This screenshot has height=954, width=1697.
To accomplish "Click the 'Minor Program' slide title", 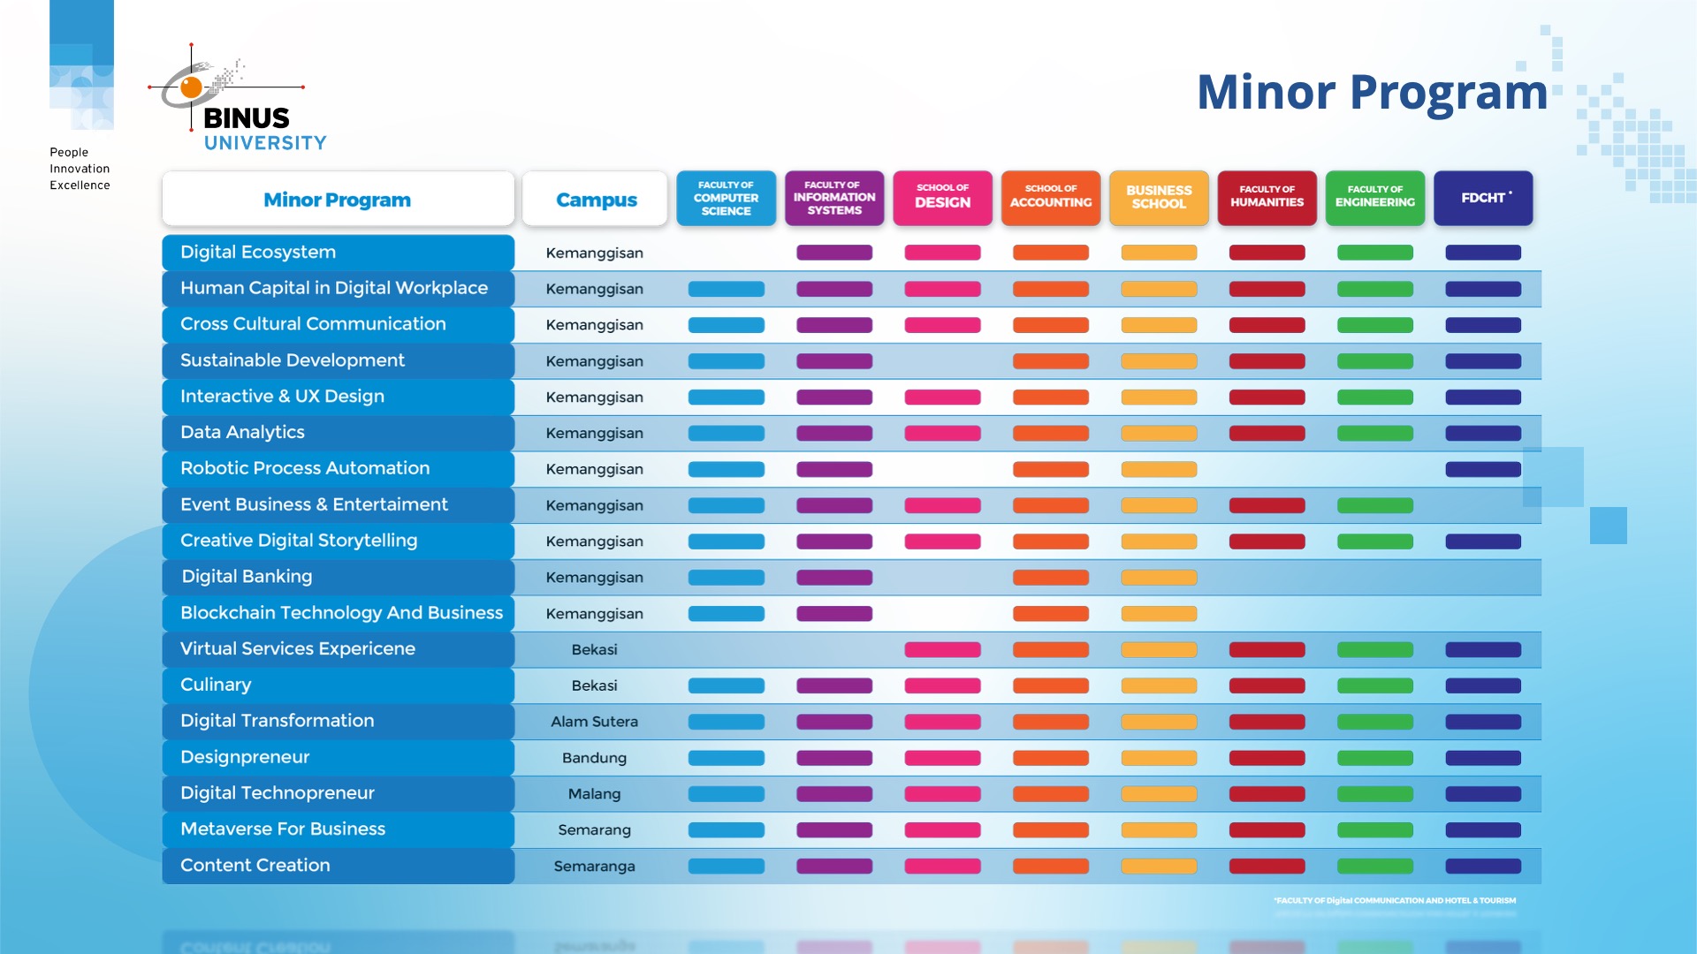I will pos(1372,92).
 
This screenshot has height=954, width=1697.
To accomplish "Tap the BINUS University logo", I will pos(237,99).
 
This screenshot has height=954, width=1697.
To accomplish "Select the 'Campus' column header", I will pos(596,200).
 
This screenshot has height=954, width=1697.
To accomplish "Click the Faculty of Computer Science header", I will pos(726,199).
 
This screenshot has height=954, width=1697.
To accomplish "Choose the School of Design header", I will pos(942,199).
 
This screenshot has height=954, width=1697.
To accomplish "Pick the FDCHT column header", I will pos(1483,199).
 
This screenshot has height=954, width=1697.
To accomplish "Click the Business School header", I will pos(1159,199).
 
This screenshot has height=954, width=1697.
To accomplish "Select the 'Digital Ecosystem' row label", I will pos(258,253).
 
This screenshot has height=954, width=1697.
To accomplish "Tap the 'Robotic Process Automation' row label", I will pos(305,468).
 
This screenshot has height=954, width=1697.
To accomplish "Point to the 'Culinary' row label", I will pos(216,685).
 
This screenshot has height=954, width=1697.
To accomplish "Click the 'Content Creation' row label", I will pos(255,866).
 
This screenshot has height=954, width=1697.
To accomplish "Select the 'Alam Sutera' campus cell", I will pos(594,722).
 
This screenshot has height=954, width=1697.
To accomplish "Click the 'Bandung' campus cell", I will pos(594,758).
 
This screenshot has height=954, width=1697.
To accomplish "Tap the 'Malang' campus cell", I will pos(594,794).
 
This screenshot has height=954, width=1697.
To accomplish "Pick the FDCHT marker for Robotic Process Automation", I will pos(1483,469).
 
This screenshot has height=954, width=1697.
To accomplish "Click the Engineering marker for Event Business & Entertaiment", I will pos(1375,505).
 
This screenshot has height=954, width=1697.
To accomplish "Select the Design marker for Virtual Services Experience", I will pos(942,650).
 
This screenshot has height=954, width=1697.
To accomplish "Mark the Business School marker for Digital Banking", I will pos(1159,578).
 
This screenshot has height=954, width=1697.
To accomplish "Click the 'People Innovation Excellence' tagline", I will pos(80,169).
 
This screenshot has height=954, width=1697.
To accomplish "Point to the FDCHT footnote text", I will pos(1395,901).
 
